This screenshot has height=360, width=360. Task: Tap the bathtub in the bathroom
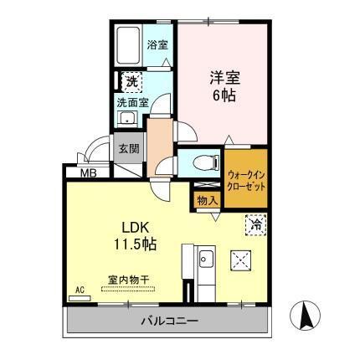click(x=130, y=46)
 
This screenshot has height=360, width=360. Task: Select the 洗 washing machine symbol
click(x=132, y=81)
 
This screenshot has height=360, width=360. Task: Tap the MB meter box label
click(x=87, y=173)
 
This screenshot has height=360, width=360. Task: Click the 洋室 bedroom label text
click(x=224, y=78)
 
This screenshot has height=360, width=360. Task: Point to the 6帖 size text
click(x=224, y=95)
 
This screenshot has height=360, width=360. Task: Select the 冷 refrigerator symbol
click(x=255, y=224)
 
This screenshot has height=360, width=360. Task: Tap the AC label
click(x=80, y=291)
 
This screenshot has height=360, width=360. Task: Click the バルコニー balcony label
click(x=168, y=321)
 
